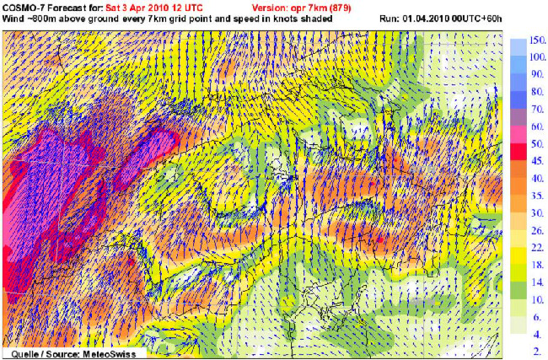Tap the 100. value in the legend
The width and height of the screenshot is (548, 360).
537,57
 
